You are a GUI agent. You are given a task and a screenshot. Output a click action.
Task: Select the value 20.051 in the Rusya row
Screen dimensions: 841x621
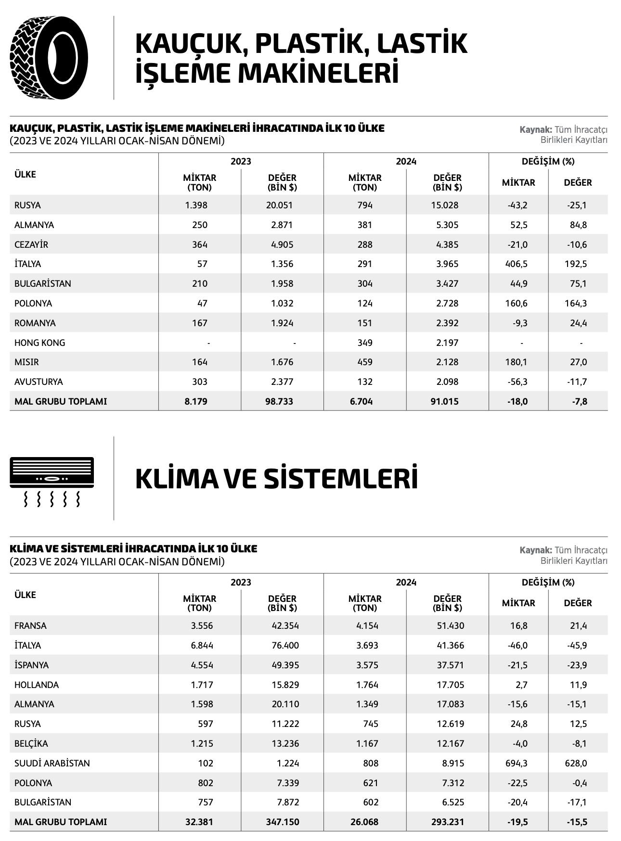pyautogui.click(x=279, y=205)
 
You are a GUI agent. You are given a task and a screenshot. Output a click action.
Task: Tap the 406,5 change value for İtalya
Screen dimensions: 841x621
pyautogui.click(x=517, y=264)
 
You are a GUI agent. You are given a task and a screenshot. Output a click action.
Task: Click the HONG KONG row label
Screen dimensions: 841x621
pyautogui.click(x=39, y=343)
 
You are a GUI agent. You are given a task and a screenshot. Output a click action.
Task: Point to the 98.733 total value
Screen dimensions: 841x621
pyautogui.click(x=279, y=401)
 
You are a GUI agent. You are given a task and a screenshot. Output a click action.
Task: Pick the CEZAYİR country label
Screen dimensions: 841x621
pyautogui.click(x=31, y=244)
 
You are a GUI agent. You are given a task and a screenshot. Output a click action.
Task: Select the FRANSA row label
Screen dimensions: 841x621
pyautogui.click(x=30, y=626)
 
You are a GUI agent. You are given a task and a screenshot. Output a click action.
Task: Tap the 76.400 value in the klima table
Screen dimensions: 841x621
pyautogui.click(x=285, y=646)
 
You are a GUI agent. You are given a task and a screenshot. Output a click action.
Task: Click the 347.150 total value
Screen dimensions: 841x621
pyautogui.click(x=283, y=822)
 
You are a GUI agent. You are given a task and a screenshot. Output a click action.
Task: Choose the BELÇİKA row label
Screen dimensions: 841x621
pyautogui.click(x=31, y=744)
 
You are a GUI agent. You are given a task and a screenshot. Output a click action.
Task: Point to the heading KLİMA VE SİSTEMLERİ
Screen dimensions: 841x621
pyautogui.click(x=276, y=479)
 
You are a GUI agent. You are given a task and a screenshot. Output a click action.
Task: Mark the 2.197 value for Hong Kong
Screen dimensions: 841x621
pyautogui.click(x=447, y=343)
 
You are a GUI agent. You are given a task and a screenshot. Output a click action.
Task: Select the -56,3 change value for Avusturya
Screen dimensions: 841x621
pyautogui.click(x=517, y=382)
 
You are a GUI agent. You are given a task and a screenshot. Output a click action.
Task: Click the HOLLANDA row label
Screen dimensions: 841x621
pyautogui.click(x=37, y=685)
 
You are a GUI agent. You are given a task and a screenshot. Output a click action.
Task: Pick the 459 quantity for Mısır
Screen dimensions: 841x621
pyautogui.click(x=365, y=362)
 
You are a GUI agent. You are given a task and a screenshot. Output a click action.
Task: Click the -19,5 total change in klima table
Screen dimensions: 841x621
pyautogui.click(x=517, y=822)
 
